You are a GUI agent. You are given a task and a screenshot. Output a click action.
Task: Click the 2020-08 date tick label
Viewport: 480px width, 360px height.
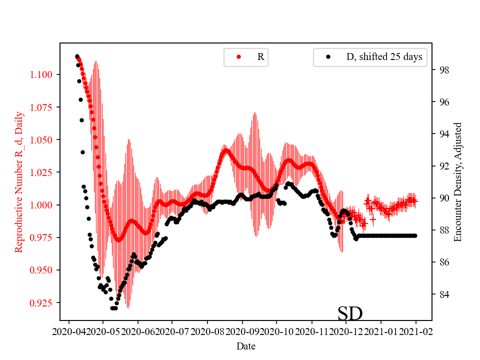(207, 331)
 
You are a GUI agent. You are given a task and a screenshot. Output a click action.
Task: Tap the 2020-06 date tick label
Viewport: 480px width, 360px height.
(138, 331)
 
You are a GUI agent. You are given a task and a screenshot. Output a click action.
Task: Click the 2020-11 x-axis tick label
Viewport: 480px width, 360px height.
(312, 331)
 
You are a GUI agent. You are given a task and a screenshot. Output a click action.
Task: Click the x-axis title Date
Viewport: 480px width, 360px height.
(245, 346)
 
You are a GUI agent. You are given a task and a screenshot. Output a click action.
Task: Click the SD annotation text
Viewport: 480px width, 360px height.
(350, 314)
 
